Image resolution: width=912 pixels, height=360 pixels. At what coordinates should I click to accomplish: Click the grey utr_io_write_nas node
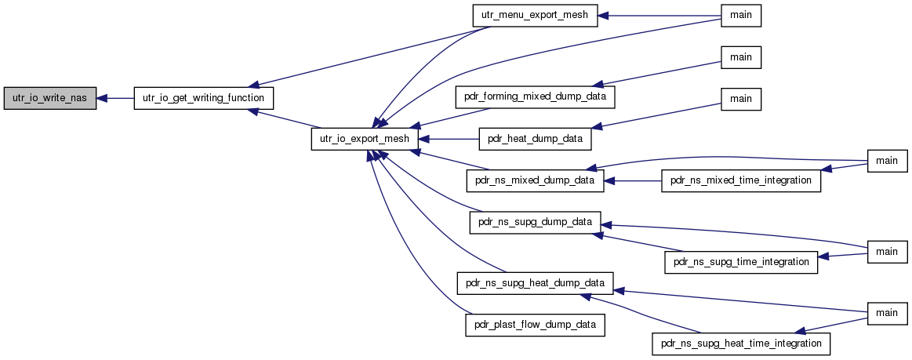point(49,99)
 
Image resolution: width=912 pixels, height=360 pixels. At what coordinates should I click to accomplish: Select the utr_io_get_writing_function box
point(204,99)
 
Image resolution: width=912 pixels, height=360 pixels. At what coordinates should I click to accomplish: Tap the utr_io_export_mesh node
point(365,140)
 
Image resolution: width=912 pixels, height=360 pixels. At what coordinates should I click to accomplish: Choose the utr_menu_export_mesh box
point(535,16)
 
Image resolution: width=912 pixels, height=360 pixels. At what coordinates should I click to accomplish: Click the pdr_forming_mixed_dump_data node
point(535,96)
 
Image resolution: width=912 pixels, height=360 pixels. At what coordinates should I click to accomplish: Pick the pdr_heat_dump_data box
point(535,140)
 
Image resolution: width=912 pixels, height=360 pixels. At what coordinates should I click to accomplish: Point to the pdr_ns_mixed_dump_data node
point(535,181)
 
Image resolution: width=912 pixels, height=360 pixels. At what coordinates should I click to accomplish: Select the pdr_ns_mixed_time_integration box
point(741,181)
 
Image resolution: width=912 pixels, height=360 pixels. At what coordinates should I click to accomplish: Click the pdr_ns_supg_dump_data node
point(535,223)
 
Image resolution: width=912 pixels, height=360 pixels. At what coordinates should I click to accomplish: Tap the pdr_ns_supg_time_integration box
point(741,262)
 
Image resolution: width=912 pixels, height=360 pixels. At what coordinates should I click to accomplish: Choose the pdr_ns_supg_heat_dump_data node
point(535,282)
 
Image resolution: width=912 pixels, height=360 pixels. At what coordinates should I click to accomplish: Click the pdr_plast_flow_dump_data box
point(535,325)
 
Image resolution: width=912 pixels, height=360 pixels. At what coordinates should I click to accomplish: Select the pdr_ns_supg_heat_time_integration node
point(741,344)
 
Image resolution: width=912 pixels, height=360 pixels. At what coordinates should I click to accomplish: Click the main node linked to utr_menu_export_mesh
point(741,16)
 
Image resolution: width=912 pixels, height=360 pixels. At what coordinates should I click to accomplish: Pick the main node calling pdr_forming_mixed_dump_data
point(741,57)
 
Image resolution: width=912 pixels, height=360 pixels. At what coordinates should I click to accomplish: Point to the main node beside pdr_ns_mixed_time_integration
point(888,161)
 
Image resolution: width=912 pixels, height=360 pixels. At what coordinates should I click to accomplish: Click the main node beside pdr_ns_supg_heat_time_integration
point(888,314)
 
